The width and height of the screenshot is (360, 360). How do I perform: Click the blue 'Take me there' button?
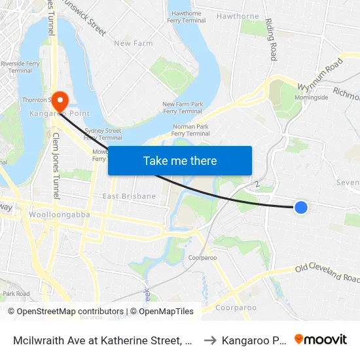[x=180, y=161]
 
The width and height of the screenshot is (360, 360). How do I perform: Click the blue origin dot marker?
[x=300, y=207]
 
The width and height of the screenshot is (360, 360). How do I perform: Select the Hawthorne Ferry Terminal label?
[x=187, y=17]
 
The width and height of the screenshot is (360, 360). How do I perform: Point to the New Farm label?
[x=134, y=44]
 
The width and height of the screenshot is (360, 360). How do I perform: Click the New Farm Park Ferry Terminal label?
[x=183, y=108]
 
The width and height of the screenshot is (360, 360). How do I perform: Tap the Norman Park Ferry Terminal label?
[x=191, y=130]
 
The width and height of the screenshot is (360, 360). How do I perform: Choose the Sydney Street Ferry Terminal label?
[x=103, y=134]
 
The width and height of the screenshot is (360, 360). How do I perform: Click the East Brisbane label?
[x=129, y=196]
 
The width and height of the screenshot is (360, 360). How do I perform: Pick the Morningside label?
[x=311, y=98]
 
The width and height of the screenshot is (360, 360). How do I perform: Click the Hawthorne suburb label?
[x=238, y=16]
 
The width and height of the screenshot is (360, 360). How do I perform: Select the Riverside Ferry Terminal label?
[x=17, y=67]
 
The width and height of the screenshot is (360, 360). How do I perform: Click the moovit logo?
[x=321, y=339]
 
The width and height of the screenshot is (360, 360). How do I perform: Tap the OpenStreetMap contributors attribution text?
[x=65, y=312]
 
